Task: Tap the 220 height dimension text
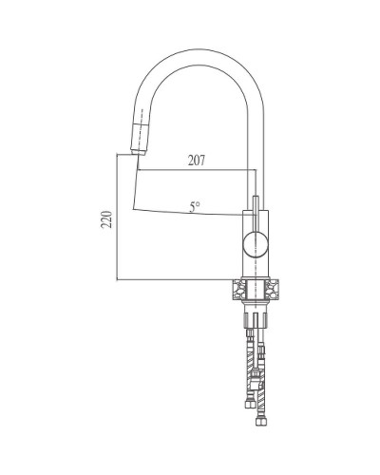(108, 221)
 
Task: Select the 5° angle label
(194, 205)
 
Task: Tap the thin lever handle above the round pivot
(255, 208)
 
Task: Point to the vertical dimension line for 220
(117, 218)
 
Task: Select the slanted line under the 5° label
(190, 214)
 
